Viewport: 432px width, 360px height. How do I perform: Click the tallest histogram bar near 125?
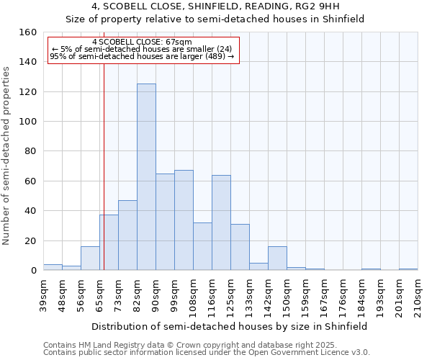(146, 177)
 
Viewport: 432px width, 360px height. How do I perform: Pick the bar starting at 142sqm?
(277, 258)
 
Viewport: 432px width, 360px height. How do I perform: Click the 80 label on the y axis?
(30, 152)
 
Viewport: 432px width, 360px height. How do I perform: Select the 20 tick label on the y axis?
(30, 241)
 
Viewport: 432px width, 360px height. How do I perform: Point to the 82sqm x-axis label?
(138, 293)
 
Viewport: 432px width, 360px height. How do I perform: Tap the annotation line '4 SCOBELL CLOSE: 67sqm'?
(142, 42)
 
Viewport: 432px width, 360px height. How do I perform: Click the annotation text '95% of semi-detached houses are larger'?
(142, 56)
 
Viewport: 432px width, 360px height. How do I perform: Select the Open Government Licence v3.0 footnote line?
(207, 352)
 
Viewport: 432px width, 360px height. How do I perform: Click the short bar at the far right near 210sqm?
(408, 269)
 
